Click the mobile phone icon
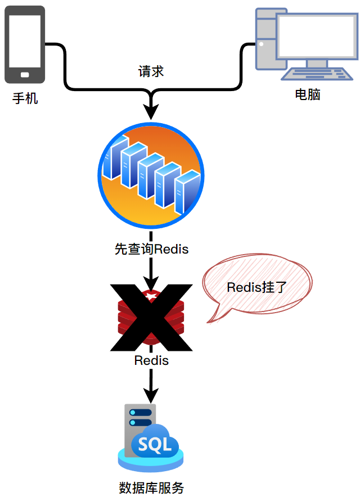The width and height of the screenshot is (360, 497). point(25,44)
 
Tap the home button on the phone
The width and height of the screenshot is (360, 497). point(25,74)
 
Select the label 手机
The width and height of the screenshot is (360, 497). point(25,99)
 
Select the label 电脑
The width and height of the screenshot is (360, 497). point(308,94)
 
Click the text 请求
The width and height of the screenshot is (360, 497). point(151,72)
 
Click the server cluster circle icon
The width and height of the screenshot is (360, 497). point(151,174)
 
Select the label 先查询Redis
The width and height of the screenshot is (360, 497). point(151,249)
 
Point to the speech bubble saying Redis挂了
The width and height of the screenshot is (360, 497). point(256,287)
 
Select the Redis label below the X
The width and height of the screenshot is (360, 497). point(151,360)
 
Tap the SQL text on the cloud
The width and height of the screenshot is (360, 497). point(155,445)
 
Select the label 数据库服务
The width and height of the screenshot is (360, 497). point(151,487)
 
